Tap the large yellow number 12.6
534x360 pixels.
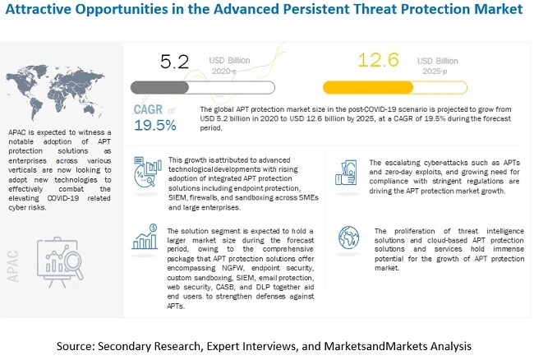pos(382,62)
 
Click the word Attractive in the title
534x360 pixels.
pos(39,11)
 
